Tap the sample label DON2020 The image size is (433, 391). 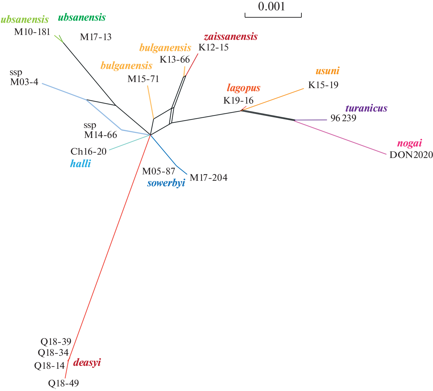411,155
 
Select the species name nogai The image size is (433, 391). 409,143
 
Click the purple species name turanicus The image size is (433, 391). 366,108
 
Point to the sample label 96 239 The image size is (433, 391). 343,118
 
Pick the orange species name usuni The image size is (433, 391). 327,71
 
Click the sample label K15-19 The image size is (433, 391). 323,85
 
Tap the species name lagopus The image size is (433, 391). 243,88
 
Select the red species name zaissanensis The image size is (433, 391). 231,37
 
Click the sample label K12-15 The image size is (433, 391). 213,47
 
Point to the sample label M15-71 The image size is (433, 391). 143,79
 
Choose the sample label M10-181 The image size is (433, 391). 32,32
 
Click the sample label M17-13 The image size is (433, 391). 96,37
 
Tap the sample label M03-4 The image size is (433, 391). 24,82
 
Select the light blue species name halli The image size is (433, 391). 80,164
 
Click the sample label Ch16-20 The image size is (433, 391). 89,151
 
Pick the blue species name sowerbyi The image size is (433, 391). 166,183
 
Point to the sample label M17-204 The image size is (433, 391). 209,177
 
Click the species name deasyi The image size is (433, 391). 87,362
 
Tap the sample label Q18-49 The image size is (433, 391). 63,383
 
